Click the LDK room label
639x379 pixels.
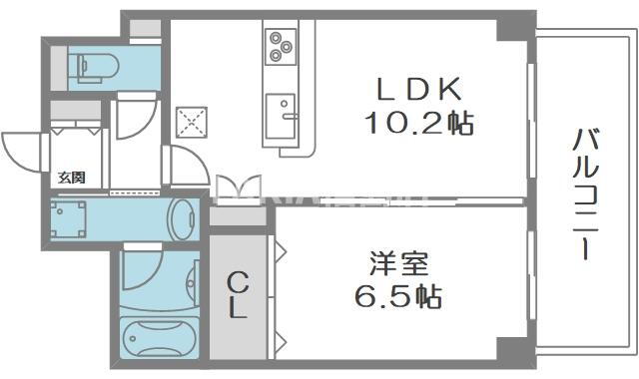point(419,89)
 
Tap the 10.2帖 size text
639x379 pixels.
point(419,123)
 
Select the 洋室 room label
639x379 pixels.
point(399,263)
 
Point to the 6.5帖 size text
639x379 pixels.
point(398,296)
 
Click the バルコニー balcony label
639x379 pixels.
point(586,194)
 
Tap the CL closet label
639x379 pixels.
point(238,295)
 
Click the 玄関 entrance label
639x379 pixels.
point(71,178)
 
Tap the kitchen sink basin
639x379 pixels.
point(280,117)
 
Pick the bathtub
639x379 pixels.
point(160,338)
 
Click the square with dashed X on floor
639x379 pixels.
point(192,122)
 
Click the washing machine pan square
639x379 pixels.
point(68,219)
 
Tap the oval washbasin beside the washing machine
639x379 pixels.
point(182,219)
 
